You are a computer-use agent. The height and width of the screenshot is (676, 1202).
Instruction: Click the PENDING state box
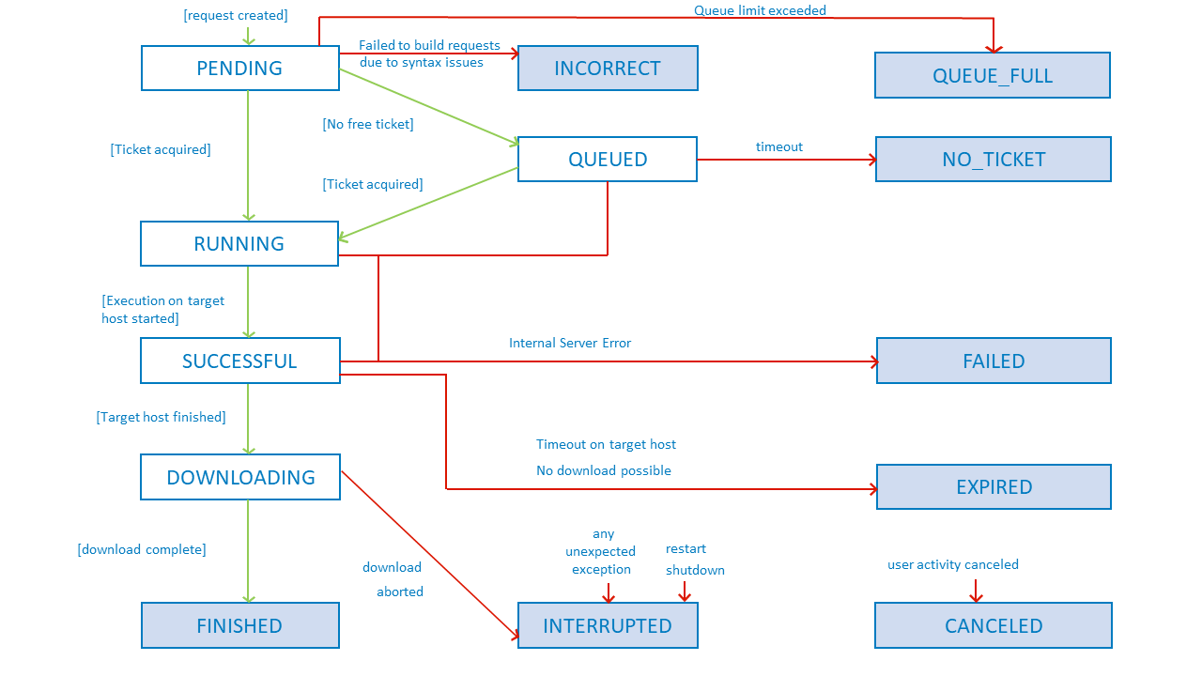click(239, 69)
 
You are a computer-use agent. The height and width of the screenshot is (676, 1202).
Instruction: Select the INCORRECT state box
click(608, 69)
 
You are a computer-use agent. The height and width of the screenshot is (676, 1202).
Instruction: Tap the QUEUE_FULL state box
click(993, 76)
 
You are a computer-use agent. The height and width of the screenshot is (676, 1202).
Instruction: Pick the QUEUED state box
click(608, 160)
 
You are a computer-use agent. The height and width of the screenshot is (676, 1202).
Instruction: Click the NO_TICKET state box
click(994, 160)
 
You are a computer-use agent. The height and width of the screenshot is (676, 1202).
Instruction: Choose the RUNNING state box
click(239, 244)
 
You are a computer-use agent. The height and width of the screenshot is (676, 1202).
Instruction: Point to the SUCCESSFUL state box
click(239, 361)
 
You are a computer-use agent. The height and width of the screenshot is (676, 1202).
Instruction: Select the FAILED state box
click(994, 361)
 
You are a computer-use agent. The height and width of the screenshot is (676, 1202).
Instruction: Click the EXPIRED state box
click(994, 487)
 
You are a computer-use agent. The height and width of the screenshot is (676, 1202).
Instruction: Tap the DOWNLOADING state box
click(240, 478)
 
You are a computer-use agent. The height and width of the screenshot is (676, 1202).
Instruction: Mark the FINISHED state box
click(239, 626)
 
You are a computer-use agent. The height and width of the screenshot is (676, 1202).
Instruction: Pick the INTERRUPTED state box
click(608, 626)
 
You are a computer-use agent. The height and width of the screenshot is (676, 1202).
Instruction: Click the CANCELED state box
click(994, 626)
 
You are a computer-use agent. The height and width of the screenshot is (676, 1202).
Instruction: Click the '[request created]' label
click(236, 15)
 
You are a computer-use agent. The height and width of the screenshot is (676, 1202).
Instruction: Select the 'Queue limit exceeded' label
click(761, 10)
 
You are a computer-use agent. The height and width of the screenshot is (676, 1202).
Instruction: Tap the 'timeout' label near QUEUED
click(779, 146)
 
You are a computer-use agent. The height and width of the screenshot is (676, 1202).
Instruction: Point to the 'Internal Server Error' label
click(570, 344)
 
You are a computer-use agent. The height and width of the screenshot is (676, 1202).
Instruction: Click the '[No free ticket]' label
click(368, 124)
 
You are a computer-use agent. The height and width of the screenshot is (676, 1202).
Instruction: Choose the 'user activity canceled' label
click(953, 565)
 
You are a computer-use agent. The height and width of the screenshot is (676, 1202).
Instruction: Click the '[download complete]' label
click(142, 549)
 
